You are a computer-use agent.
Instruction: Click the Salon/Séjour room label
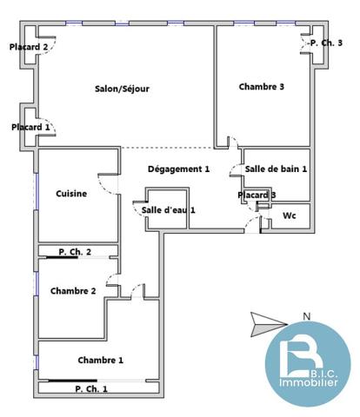122,89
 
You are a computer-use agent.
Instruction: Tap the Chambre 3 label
262,87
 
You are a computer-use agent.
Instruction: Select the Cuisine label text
71,194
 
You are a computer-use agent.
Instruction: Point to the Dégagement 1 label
178,169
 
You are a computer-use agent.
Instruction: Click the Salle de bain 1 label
276,169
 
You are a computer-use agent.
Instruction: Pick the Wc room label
290,215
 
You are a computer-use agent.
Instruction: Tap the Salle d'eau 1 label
169,210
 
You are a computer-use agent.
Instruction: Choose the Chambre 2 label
73,291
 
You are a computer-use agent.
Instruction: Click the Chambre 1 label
101,361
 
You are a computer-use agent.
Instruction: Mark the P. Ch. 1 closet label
91,389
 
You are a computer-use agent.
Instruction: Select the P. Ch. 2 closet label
75,252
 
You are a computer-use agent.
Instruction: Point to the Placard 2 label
29,47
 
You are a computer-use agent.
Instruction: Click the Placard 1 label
30,127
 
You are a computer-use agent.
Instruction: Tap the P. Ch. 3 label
326,43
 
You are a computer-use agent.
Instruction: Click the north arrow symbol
269,325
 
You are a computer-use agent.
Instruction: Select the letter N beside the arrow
306,317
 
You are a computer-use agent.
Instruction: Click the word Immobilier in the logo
309,382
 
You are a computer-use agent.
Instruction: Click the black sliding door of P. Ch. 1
72,381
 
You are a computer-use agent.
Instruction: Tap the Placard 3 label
257,195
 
